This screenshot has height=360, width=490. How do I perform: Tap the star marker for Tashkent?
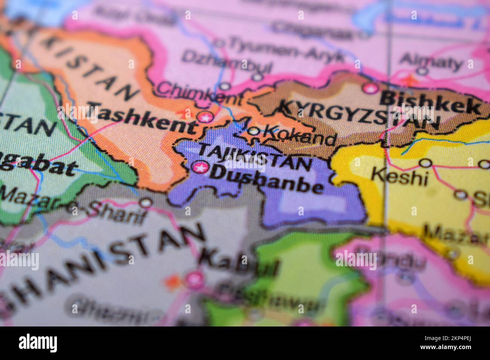(205, 117)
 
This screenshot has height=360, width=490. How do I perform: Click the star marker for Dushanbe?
(199, 168)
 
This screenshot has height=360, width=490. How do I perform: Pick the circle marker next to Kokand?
(254, 131)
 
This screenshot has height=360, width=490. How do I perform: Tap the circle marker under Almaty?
(423, 70)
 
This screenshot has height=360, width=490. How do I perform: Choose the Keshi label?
(400, 176)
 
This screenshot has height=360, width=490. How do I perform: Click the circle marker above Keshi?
(426, 163)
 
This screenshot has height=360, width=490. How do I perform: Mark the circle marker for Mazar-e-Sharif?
(146, 203)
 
